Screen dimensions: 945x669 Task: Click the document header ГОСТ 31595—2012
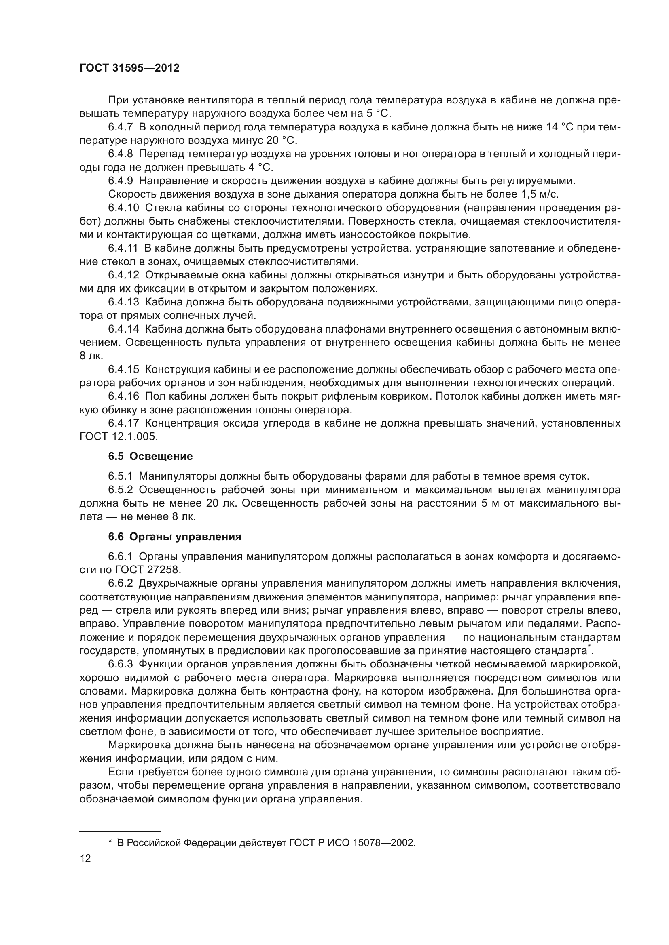[129, 68]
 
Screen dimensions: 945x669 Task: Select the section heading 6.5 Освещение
[150, 456]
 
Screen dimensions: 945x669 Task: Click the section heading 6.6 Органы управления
[175, 537]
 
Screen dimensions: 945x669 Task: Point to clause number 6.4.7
[120, 127]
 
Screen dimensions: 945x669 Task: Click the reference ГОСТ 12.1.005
[119, 437]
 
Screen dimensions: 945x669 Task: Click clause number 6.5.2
[120, 490]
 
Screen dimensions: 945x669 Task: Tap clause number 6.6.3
[120, 664]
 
